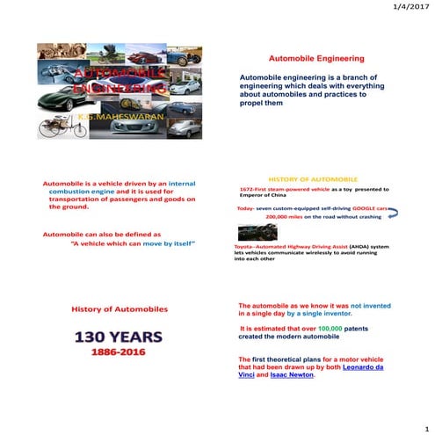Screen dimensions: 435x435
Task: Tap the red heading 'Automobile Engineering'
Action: pos(316,58)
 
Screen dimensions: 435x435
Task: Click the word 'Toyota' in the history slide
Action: pos(245,247)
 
